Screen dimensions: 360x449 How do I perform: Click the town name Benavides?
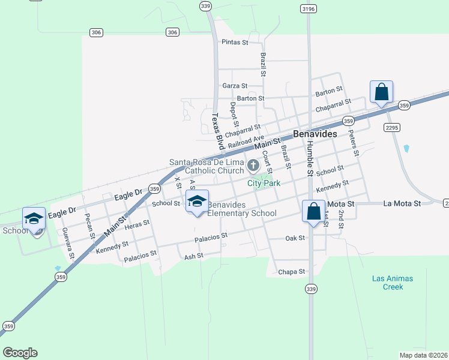[315, 134]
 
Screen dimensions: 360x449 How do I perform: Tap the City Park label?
[264, 184]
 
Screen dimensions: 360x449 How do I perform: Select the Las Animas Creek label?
[393, 283]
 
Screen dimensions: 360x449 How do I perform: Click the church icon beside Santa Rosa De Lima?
[253, 164]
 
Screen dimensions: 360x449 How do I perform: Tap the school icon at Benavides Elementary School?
[197, 202]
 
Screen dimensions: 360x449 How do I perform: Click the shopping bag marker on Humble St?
[313, 212]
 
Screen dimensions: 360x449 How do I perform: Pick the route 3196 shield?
[309, 9]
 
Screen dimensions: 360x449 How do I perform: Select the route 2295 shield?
[392, 127]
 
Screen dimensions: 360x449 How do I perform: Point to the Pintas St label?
[235, 43]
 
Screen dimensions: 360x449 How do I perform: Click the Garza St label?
[235, 86]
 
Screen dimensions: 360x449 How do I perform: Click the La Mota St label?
[403, 204]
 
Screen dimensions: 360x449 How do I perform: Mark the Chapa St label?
[292, 272]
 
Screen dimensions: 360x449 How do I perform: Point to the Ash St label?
[194, 256]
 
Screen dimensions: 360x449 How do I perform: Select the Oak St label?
[295, 238]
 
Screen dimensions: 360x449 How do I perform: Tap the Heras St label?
[137, 223]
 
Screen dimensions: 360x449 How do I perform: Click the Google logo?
[20, 353]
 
